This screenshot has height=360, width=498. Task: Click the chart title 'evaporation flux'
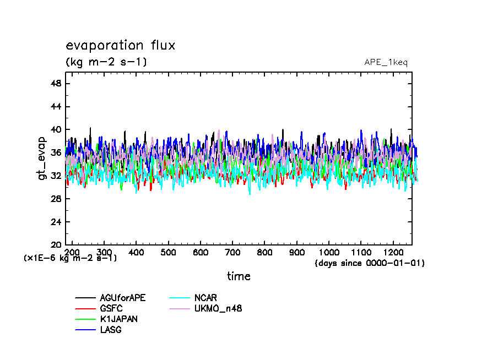tap(121, 45)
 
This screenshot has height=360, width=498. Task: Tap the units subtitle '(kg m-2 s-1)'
tap(106, 62)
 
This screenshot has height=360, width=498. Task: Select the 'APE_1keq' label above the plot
tap(386, 62)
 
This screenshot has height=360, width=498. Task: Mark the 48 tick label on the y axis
tap(56, 83)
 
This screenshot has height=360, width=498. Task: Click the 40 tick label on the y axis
tap(56, 129)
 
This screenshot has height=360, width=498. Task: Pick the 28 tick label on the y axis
tap(56, 199)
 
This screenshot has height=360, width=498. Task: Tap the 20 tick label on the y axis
tap(56, 245)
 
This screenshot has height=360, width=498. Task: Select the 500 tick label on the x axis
tap(168, 252)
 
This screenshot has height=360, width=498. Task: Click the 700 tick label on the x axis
tap(232, 252)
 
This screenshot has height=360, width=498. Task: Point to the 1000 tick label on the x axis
tap(328, 252)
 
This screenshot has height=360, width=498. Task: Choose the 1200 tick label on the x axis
tap(393, 252)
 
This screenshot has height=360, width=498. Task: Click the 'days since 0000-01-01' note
tap(369, 263)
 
